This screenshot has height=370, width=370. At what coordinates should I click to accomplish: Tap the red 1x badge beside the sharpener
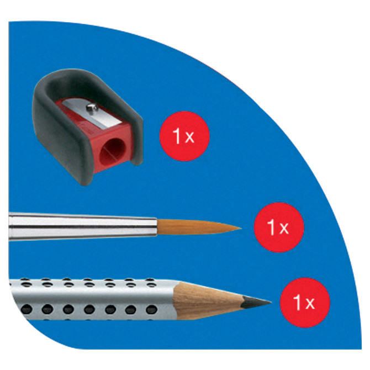[x=184, y=136]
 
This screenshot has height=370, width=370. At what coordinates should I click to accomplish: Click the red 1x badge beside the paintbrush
[x=279, y=228]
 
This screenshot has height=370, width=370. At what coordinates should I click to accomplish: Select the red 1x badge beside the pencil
[x=305, y=303]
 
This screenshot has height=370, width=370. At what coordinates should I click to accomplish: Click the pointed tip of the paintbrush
[x=241, y=228]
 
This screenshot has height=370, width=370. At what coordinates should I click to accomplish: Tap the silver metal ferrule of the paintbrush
[x=83, y=226]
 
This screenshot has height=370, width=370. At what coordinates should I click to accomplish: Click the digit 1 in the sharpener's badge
[x=177, y=136]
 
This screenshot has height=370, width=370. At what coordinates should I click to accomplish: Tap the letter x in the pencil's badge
[x=310, y=303]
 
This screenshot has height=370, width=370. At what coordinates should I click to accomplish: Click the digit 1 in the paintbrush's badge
[x=271, y=227]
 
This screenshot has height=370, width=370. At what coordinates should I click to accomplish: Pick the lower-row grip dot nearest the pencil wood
[x=151, y=309]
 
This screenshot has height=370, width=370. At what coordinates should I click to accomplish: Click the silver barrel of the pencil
[x=94, y=299]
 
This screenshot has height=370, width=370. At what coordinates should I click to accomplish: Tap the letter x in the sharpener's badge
[x=189, y=138]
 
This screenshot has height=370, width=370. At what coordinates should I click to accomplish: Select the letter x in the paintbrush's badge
[x=284, y=228]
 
